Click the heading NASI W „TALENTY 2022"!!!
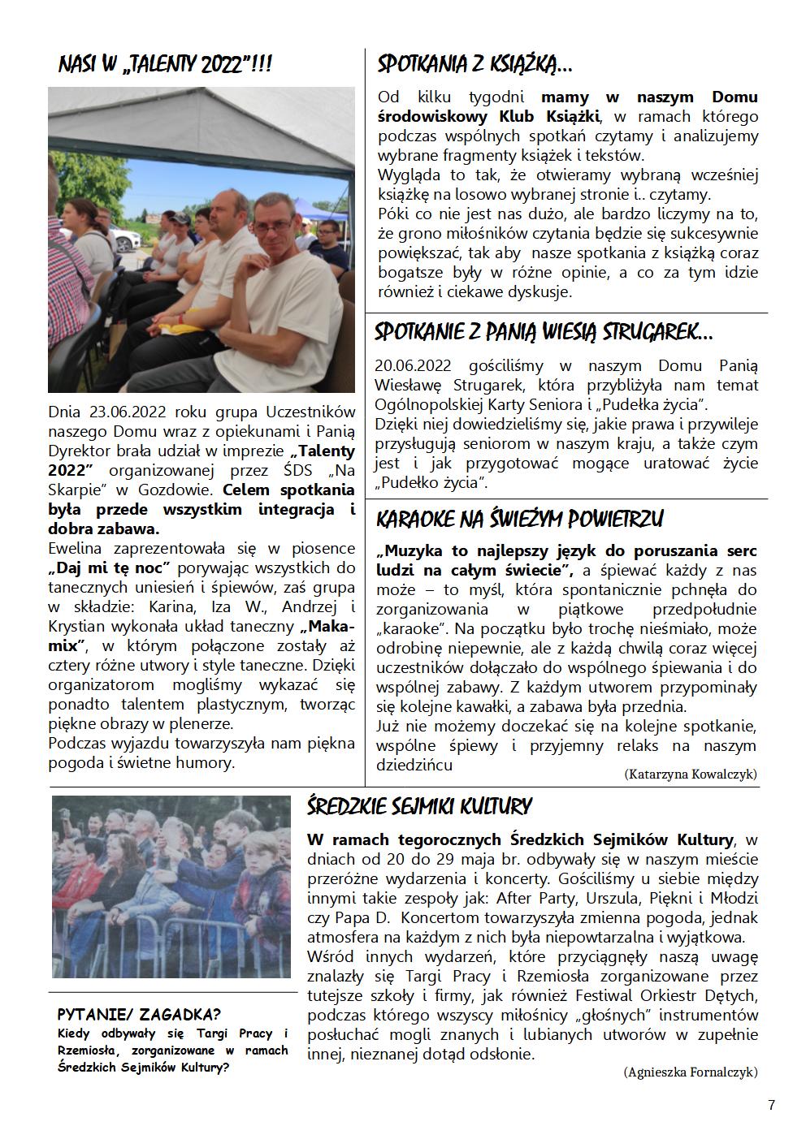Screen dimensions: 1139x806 165,65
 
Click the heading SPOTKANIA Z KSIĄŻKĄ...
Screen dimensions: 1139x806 474,63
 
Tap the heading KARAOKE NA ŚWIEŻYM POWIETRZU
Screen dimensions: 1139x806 520,519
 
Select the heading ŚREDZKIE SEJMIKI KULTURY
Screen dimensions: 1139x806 419,806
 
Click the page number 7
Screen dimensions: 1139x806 771,1105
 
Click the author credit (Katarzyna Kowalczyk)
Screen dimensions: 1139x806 691,774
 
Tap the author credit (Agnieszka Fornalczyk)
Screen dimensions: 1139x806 690,1072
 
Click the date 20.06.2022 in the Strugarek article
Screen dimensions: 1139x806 413,366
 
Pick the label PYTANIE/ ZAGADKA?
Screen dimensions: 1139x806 139,1015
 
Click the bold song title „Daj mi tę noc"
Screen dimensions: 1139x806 110,567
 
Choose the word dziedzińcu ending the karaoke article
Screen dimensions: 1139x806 414,765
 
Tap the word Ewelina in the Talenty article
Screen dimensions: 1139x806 80,548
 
